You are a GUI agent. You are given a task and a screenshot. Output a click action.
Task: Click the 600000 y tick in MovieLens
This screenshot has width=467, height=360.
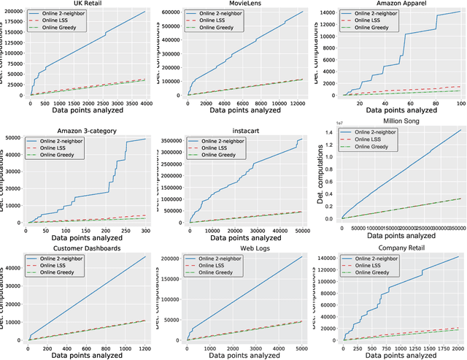(x=172, y=12)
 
